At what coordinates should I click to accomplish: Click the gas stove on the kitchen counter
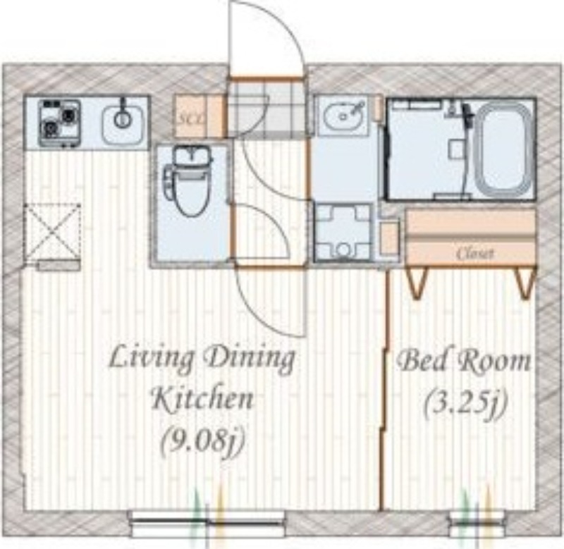coord(59,123)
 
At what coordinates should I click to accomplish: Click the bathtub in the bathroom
coord(503,149)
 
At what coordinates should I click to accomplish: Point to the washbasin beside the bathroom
coord(343,116)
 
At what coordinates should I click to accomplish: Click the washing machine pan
coord(343,233)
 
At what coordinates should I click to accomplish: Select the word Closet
coord(474,254)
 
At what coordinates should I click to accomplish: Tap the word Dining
coord(249,359)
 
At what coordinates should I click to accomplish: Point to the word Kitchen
coord(202,398)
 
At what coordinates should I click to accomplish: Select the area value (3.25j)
coord(465,402)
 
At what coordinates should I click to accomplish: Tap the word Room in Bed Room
coord(493,362)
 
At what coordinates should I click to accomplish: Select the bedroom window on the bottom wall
coord(477,524)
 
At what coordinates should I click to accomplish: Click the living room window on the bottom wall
coord(207,524)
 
